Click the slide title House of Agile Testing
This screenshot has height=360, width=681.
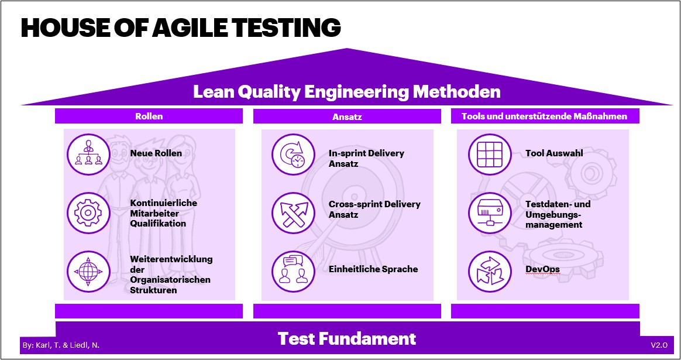[x=181, y=28]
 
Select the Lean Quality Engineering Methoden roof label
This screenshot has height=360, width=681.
[x=346, y=92]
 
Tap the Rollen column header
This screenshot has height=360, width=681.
[x=149, y=116]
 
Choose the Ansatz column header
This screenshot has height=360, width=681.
[x=347, y=116]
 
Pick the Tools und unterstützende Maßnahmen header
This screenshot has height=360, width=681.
[x=545, y=116]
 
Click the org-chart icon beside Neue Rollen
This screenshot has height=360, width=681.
[x=88, y=155]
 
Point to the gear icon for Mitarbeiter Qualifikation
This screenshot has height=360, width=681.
[x=88, y=213]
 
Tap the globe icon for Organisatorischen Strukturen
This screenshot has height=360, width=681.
[x=88, y=272]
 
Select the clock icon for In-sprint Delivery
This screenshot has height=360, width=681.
[x=293, y=155]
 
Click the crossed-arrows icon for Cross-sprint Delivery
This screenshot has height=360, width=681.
[x=293, y=213]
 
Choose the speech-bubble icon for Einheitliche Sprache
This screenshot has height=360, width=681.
[x=293, y=272]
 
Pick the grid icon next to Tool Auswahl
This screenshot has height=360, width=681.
[x=490, y=155]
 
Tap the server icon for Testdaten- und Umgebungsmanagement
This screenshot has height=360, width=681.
[x=490, y=213]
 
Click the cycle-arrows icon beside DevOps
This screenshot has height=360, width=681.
[x=490, y=272]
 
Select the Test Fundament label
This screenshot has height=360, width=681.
[x=346, y=338]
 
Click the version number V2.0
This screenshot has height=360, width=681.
[x=659, y=345]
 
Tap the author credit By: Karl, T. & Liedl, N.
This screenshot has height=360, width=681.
[x=61, y=345]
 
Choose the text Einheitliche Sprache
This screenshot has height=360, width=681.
[x=373, y=269]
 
